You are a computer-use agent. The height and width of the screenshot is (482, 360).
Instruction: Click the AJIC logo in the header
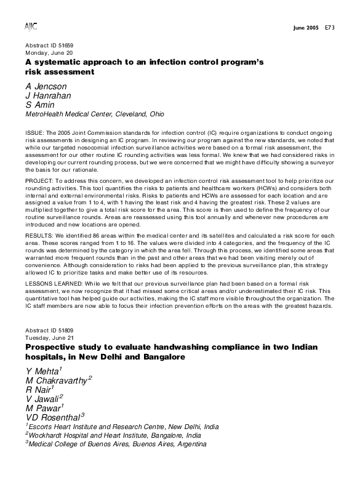pyautogui.click(x=31, y=26)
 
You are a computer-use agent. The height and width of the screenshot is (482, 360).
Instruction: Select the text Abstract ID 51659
pyautogui.click(x=49, y=47)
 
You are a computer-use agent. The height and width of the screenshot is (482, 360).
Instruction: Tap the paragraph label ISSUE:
pyautogui.click(x=34, y=133)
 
